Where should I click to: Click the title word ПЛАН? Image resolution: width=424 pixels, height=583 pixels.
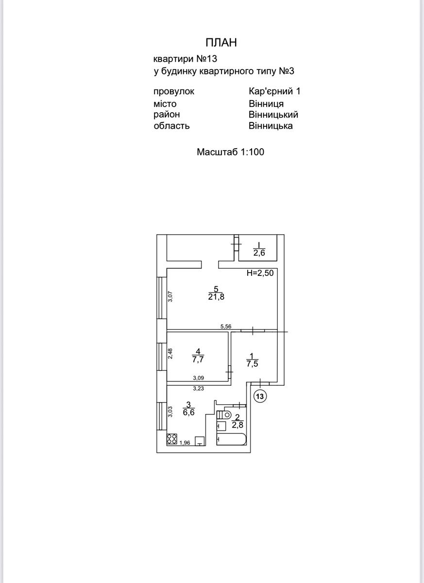pyautogui.click(x=221, y=43)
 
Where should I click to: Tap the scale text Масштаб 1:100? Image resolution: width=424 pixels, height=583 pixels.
pyautogui.click(x=231, y=152)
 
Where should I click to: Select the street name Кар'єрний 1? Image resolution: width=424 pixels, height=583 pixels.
pyautogui.click(x=274, y=91)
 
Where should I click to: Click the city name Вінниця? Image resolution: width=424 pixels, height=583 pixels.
pyautogui.click(x=266, y=103)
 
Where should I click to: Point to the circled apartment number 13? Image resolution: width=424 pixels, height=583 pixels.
pyautogui.click(x=260, y=396)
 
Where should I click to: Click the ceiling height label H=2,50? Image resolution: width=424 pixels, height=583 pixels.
pyautogui.click(x=260, y=273)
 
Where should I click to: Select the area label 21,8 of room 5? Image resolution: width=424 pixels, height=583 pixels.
pyautogui.click(x=216, y=297)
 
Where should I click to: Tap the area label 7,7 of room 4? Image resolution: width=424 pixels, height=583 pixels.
pyautogui.click(x=198, y=360)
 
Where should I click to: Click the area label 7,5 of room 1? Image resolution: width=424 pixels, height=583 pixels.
pyautogui.click(x=252, y=363)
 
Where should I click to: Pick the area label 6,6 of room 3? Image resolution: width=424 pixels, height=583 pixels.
pyautogui.click(x=188, y=412)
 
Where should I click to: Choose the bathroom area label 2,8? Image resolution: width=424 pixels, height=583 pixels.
pyautogui.click(x=237, y=425)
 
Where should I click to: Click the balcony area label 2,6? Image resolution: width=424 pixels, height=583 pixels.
pyautogui.click(x=259, y=253)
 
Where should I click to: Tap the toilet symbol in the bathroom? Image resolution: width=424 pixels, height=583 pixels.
pyautogui.click(x=224, y=414)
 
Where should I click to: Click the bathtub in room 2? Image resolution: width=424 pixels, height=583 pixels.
pyautogui.click(x=231, y=439)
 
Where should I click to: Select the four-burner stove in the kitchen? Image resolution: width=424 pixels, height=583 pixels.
pyautogui.click(x=171, y=439)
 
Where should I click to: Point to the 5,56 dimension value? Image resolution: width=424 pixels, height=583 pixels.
pyautogui.click(x=226, y=326)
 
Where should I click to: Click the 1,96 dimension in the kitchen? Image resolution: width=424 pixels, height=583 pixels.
pyautogui.click(x=185, y=443)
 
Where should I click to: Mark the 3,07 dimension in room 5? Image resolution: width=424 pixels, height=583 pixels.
pyautogui.click(x=170, y=296)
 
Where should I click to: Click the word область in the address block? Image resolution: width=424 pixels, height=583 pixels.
pyautogui.click(x=171, y=126)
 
